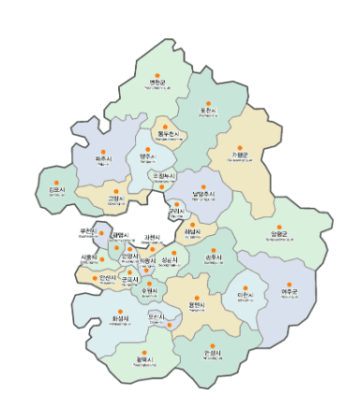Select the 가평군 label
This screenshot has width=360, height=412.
(241, 154)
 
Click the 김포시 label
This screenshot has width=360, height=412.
(56, 191)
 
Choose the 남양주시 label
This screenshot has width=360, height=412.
(202, 195)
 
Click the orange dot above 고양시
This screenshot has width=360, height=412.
(115, 188)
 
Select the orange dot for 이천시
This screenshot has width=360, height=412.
(245, 283)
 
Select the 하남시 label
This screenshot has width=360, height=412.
(192, 234)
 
